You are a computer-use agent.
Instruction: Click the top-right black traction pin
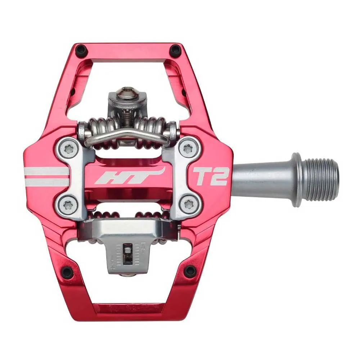click(x=175, y=50)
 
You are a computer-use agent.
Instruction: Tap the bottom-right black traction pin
click(x=190, y=271)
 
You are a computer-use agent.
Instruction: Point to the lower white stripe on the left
click(x=47, y=183)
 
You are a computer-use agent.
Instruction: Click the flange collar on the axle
click(x=296, y=179)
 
